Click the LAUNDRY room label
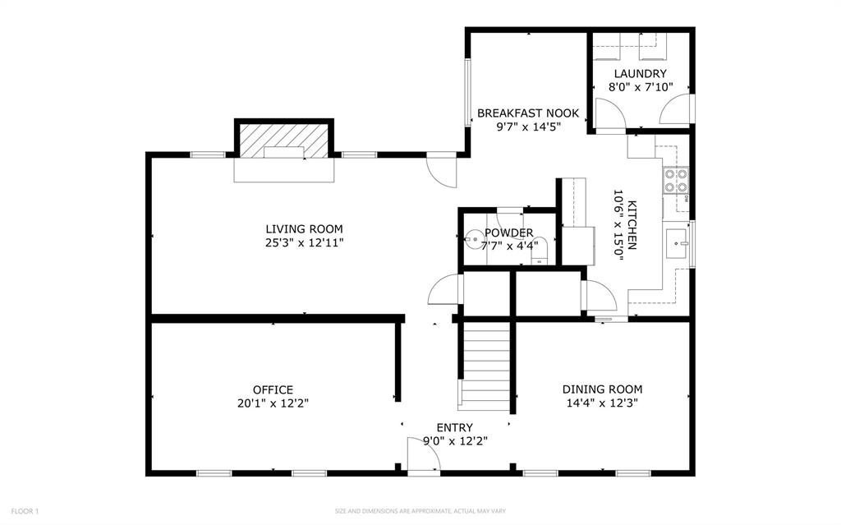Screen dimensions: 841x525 641,74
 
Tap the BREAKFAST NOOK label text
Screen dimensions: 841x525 528,113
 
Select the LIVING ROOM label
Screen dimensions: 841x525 304,229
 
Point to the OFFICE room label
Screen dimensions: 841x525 273,389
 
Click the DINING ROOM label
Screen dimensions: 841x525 602,389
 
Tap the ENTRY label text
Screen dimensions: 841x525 455,427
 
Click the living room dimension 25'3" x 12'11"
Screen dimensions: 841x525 304,242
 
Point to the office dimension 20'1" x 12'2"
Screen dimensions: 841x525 273,403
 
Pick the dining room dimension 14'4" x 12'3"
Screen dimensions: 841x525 602,403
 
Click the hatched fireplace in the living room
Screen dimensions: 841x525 283,141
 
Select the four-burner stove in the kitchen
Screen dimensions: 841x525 676,181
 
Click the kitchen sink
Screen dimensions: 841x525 677,243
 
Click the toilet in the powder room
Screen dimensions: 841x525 539,251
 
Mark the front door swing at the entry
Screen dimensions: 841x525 424,454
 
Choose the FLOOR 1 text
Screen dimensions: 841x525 25,511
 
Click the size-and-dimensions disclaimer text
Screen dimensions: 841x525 420,511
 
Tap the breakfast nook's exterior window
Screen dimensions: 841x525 467,92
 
